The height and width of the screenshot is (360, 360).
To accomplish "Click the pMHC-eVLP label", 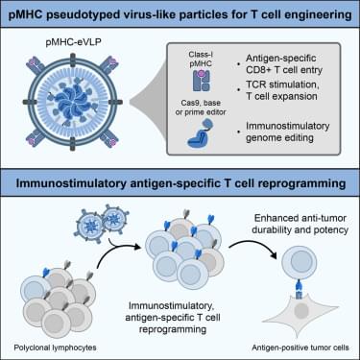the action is pyautogui.click(x=74, y=41).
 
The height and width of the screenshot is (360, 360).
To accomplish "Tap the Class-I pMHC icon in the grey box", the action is pyautogui.click(x=202, y=80).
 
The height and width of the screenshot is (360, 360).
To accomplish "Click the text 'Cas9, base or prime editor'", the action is pyautogui.click(x=201, y=108).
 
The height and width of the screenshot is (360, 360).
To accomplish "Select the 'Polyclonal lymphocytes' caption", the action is pyautogui.click(x=55, y=348).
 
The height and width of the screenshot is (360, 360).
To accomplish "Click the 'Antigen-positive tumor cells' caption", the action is pyautogui.click(x=300, y=348).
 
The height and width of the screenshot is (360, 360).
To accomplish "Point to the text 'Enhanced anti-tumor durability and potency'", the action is pyautogui.click(x=300, y=224).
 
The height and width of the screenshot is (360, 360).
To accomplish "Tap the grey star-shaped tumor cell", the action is pyautogui.click(x=300, y=312).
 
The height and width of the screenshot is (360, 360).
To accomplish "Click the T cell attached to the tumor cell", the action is pyautogui.click(x=299, y=263).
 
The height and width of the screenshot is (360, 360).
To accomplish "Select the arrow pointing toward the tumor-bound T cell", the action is pyautogui.click(x=252, y=247).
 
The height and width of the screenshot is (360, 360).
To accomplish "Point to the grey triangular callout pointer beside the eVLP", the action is pyautogui.click(x=148, y=102).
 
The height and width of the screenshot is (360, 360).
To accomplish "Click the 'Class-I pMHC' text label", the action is pyautogui.click(x=201, y=60).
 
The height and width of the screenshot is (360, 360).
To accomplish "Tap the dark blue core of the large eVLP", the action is pyautogui.click(x=72, y=103).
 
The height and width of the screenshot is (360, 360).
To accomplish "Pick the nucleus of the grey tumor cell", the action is pyautogui.click(x=301, y=311).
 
